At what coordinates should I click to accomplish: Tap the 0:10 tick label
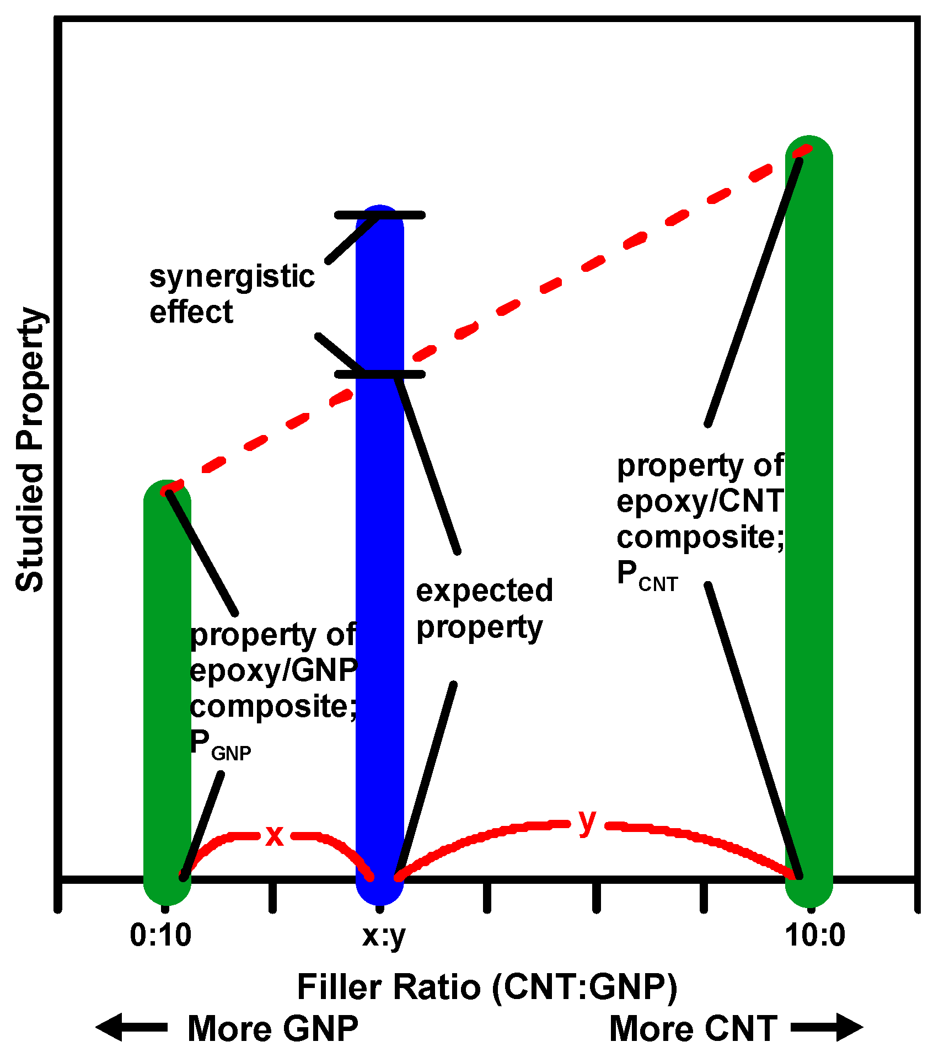point(160,936)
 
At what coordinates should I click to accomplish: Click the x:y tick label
point(384,936)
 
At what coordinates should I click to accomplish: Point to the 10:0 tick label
point(815,936)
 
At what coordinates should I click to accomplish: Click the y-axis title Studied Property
point(30,449)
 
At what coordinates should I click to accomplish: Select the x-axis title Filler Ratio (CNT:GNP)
point(487,987)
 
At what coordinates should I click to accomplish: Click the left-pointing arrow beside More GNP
point(130,1027)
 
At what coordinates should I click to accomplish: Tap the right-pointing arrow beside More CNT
point(827,1027)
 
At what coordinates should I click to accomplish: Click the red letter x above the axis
point(275,836)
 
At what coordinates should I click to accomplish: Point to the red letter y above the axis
point(588,822)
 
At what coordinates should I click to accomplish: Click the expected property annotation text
point(484,609)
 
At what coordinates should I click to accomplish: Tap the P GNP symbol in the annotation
point(219,745)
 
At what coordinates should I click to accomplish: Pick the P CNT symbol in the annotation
point(646,576)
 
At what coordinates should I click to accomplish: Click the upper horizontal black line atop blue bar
point(379,215)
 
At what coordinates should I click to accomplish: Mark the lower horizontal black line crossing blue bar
point(379,374)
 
